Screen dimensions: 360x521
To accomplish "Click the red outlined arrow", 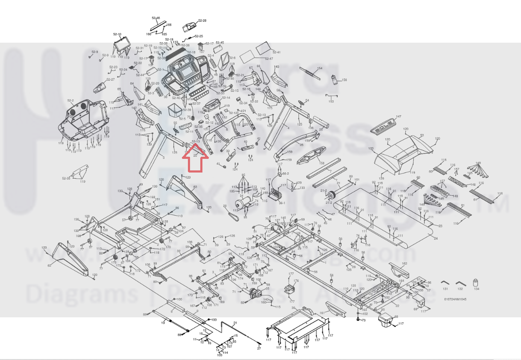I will pyautogui.click(x=195, y=158).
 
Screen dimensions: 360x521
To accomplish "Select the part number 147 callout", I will pyautogui.click(x=398, y=117).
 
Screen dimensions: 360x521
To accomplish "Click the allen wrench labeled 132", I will pyautogui.click(x=460, y=283).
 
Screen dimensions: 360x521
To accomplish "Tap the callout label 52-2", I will pyautogui.click(x=71, y=101).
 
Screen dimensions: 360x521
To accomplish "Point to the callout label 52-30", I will pyautogui.click(x=66, y=178).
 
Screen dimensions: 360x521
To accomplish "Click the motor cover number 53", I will pyautogui.click(x=422, y=136).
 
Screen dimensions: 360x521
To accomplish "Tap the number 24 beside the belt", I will pyautogui.click(x=436, y=237).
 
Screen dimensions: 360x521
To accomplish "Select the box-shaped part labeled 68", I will pyautogui.click(x=386, y=320).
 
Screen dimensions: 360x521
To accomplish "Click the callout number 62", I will pyautogui.click(x=49, y=266).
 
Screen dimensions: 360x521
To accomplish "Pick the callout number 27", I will pyautogui.click(x=259, y=349).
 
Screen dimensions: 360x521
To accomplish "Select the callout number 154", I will pyautogui.click(x=319, y=68).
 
